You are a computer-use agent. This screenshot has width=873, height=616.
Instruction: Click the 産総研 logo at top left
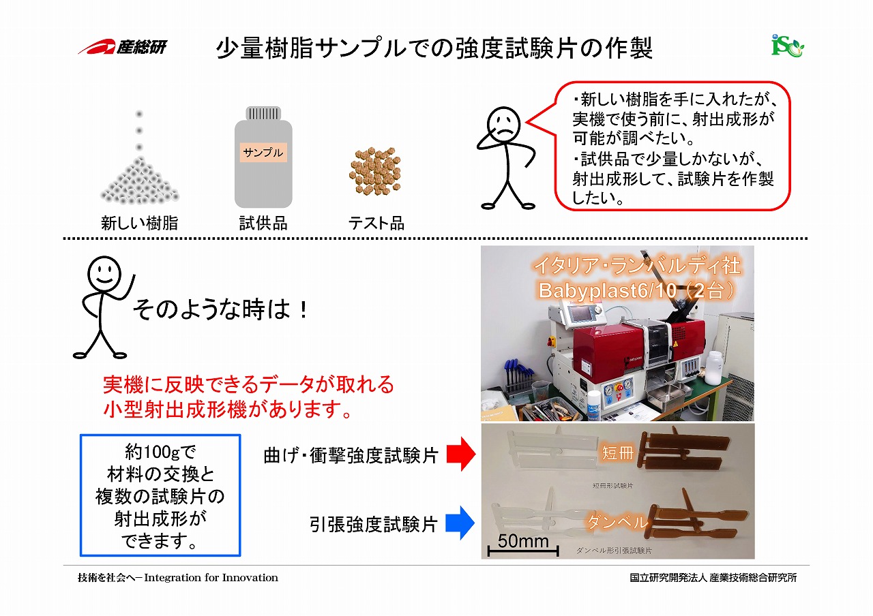coord(122,47)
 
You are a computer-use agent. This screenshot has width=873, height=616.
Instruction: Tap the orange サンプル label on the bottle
coord(263,152)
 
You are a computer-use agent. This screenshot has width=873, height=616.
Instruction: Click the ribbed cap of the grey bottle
coord(263,113)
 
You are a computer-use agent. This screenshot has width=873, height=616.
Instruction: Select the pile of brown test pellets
coord(375,171)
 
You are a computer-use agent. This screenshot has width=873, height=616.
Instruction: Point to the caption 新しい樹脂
coord(140,223)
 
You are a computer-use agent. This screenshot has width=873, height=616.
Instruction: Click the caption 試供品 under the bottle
coord(263,223)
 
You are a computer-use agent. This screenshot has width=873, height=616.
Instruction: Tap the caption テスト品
coord(376,223)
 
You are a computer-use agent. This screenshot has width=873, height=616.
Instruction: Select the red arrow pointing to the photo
coord(461,454)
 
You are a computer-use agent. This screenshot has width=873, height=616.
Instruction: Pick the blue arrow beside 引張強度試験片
coord(460,523)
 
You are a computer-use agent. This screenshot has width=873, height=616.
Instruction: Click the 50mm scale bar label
coord(523,541)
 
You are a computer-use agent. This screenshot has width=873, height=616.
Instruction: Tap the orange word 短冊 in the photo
coord(618,453)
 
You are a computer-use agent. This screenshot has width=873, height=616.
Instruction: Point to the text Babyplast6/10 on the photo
coord(607,290)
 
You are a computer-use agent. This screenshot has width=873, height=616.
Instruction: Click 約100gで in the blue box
coord(160,452)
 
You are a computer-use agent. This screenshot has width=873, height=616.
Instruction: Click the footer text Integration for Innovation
coord(211,577)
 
